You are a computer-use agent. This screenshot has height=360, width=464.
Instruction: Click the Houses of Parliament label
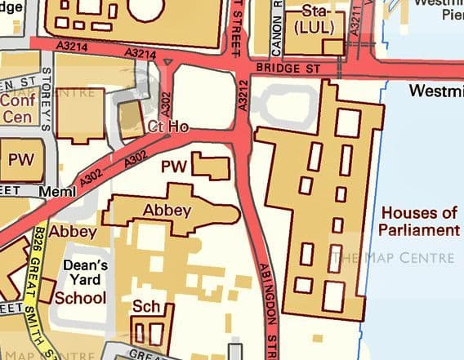point(419,221)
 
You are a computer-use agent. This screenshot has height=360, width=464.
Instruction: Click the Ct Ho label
point(168,127)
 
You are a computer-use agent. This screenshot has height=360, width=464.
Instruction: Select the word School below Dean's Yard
point(80,297)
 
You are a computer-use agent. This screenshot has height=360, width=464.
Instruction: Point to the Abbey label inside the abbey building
point(167,210)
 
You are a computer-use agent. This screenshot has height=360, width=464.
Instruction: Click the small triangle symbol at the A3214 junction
point(168,61)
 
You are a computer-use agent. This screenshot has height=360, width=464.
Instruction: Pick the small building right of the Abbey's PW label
point(212,166)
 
